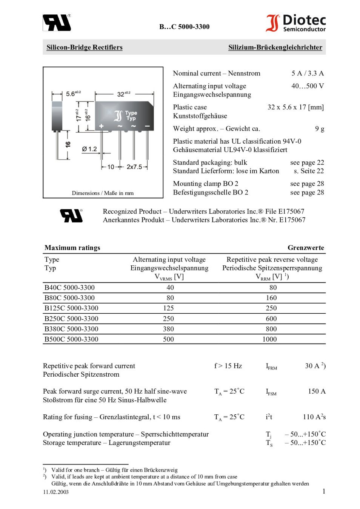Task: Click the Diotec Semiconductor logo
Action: coord(296,23)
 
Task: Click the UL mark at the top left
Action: coord(57,23)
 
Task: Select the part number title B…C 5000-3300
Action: coord(184,27)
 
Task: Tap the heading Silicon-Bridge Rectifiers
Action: coord(84,48)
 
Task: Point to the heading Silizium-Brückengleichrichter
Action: coord(275,48)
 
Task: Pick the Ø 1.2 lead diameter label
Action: coord(89,149)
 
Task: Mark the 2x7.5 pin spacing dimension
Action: coord(134,167)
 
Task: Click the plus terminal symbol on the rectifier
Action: coord(102,126)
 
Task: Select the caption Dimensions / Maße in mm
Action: coord(103,193)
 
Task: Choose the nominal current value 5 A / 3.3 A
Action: coord(308,74)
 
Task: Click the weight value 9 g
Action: coord(320,129)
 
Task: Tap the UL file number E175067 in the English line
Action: coord(291,212)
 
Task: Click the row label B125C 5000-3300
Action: coord(71,308)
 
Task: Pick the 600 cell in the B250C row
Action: coord(271,319)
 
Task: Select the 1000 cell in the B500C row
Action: coord(269,339)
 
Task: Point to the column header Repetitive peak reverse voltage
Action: coord(272,259)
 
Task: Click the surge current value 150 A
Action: coord(317,391)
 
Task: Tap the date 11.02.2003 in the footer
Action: coord(56,492)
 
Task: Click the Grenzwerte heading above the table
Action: coord(306,248)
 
